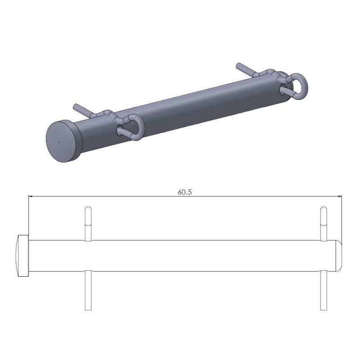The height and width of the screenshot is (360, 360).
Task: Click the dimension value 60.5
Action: (184, 192)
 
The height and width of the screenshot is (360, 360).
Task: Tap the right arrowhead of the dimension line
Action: (339, 196)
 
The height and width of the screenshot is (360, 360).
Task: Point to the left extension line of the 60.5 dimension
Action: (28, 216)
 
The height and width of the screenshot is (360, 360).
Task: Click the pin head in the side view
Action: (23, 256)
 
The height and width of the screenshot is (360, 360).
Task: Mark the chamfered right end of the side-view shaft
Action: (339, 256)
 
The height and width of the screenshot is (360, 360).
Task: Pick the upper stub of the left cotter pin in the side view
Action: (88, 222)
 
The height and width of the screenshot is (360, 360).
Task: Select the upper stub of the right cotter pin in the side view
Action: (323, 222)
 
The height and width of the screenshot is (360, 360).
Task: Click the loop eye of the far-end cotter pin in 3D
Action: (297, 85)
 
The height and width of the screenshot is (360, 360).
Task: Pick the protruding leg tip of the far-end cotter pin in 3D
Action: (240, 67)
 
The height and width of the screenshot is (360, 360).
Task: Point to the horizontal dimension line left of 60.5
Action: (103, 196)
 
